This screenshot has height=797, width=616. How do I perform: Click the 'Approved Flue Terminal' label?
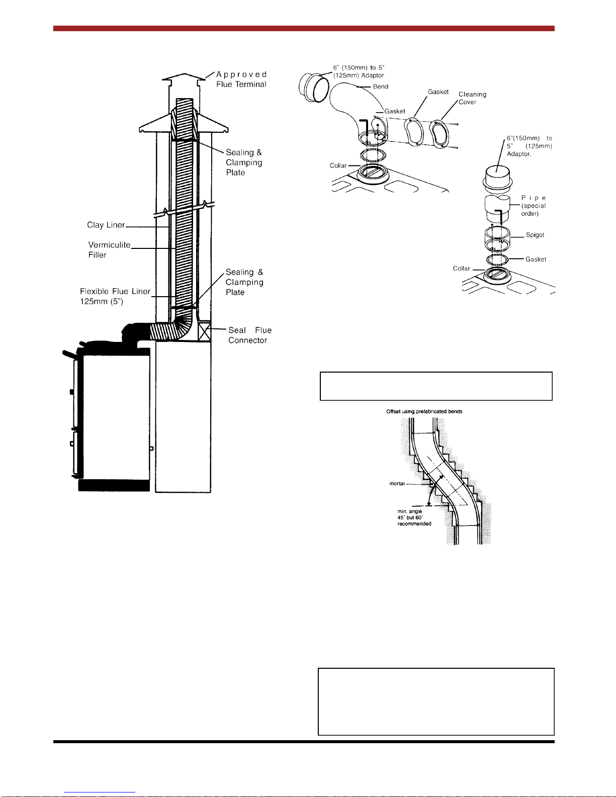tap(241, 79)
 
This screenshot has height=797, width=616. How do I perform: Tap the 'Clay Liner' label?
tap(106, 225)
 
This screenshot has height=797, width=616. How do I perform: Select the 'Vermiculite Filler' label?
tap(109, 250)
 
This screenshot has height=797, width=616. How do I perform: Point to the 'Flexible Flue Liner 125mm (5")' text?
tap(115, 296)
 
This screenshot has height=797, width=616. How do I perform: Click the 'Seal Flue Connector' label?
tap(250, 335)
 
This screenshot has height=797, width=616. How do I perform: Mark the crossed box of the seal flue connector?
tap(204, 331)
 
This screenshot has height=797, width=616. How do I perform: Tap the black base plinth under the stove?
tap(114, 485)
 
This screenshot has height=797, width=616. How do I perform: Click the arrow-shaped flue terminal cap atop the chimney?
tap(184, 76)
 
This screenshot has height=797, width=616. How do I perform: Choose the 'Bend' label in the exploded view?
tap(381, 86)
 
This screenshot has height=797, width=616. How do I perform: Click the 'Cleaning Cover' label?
tap(472, 98)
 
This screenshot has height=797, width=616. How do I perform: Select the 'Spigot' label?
tap(535, 235)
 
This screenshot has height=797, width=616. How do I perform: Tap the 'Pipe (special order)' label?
tap(534, 206)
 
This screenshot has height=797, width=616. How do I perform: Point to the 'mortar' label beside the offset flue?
tap(397, 484)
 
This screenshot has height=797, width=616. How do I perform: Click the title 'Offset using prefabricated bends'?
tap(424, 411)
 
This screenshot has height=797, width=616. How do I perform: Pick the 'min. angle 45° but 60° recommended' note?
tap(414, 517)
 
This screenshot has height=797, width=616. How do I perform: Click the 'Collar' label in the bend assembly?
tap(338, 166)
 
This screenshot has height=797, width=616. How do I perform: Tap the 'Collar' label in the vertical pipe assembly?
tap(461, 269)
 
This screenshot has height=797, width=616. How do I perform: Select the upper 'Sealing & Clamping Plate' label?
tap(244, 162)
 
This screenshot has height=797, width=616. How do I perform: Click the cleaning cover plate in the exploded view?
tap(439, 134)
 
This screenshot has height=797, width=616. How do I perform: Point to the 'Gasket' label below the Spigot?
tap(536, 259)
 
